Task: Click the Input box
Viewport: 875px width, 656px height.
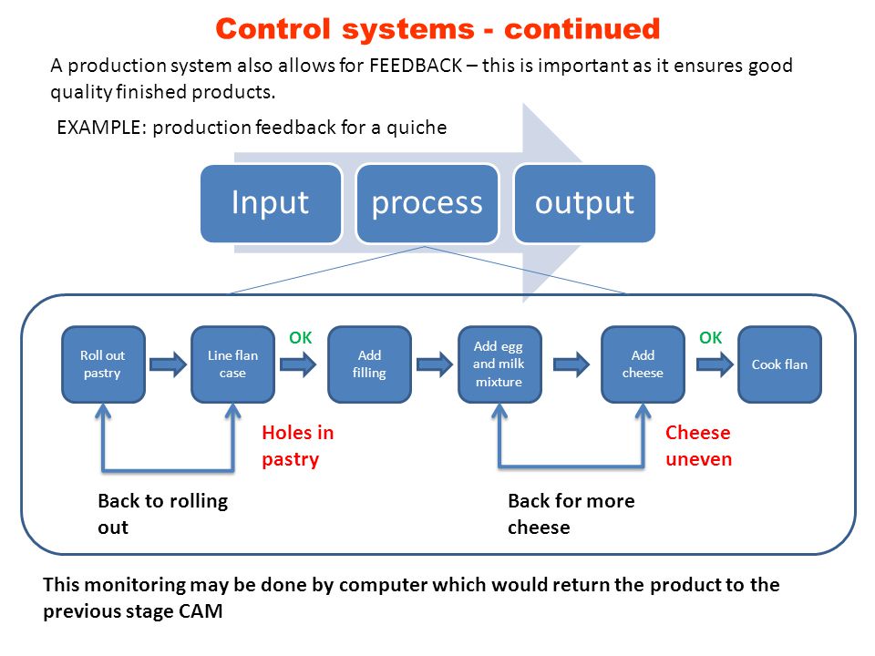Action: [271, 203]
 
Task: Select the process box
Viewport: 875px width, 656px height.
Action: [427, 203]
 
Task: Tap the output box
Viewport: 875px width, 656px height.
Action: [584, 203]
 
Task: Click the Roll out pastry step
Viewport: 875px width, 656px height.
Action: [103, 364]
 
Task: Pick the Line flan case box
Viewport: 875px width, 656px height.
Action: [232, 364]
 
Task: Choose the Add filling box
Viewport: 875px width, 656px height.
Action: [369, 364]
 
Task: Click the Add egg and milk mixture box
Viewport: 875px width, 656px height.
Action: [499, 364]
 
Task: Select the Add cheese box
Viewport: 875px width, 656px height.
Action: [643, 364]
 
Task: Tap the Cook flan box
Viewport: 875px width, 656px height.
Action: [779, 364]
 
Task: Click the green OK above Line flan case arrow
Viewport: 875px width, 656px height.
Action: [301, 337]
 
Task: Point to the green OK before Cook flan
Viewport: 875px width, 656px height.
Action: [711, 337]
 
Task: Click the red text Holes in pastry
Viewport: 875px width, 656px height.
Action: [298, 446]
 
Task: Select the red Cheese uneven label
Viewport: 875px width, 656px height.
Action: [699, 446]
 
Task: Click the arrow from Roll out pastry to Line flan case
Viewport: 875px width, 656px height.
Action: [168, 364]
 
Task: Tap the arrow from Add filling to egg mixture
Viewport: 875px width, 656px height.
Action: [435, 364]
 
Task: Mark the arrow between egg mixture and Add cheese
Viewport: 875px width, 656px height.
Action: [571, 364]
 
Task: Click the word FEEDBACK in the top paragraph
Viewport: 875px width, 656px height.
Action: [416, 66]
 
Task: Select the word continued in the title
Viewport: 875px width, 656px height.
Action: [582, 29]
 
